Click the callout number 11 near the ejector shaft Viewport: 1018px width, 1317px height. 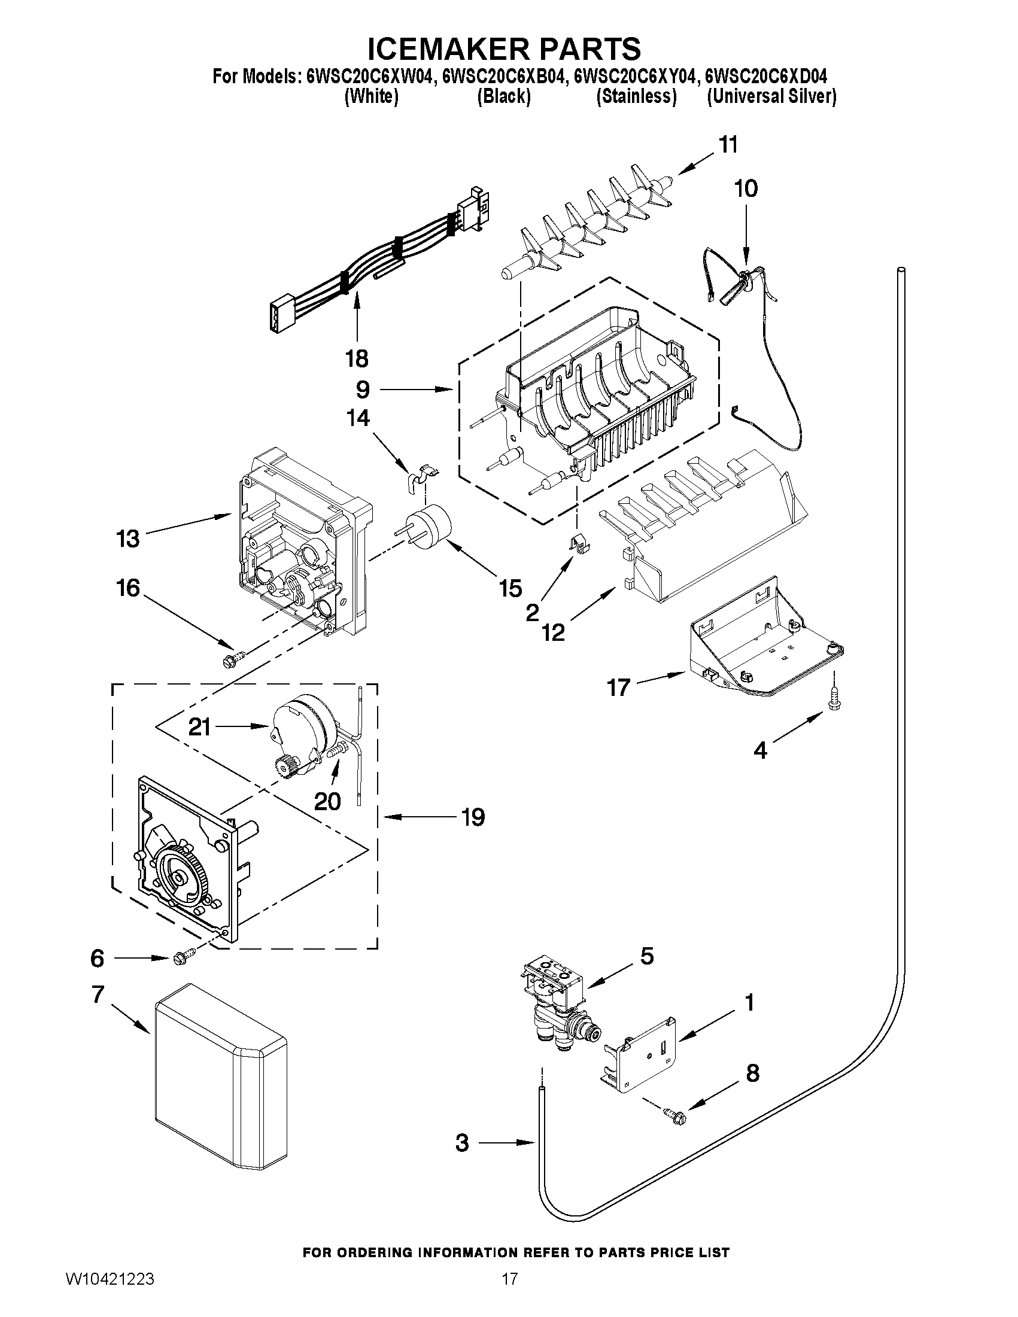pyautogui.click(x=728, y=145)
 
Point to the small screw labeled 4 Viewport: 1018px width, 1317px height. pyautogui.click(x=834, y=701)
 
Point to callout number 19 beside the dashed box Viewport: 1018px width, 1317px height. pyautogui.click(x=473, y=817)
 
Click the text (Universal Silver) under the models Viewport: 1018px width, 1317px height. pyautogui.click(x=771, y=96)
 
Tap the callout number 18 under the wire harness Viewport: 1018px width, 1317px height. pyautogui.click(x=357, y=359)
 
